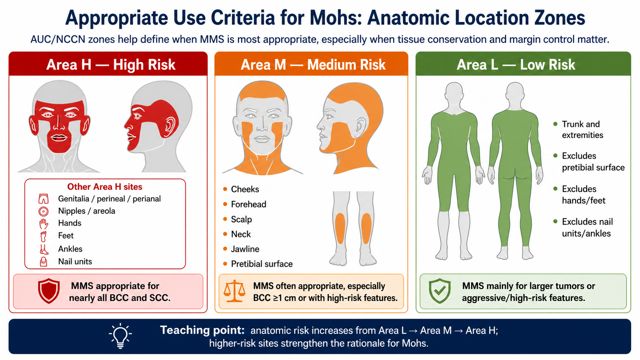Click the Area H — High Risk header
(111, 65)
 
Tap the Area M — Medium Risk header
(313, 65)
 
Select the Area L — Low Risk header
(516, 65)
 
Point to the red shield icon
(49, 291)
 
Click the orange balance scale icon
(234, 291)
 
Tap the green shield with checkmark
(440, 291)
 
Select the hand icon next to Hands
(43, 224)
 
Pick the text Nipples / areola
(87, 211)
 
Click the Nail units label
(75, 262)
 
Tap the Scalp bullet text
(242, 219)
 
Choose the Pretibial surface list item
(262, 264)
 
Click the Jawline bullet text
(245, 249)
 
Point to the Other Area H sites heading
(104, 187)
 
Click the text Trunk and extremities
(582, 130)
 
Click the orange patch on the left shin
(340, 228)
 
